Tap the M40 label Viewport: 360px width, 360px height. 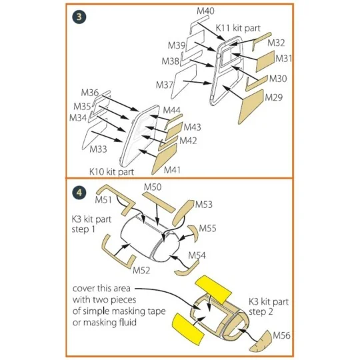206,11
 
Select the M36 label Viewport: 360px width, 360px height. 90,92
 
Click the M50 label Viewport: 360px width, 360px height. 153,187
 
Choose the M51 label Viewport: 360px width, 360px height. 103,199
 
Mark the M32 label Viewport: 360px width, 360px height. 277,42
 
